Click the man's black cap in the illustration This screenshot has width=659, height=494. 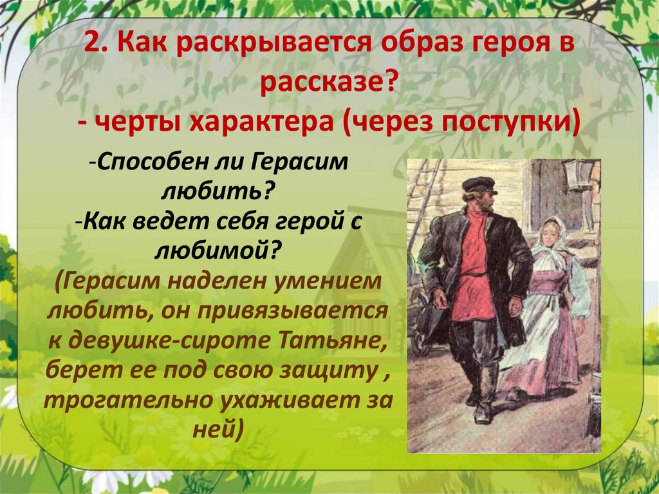pyautogui.click(x=479, y=185)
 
